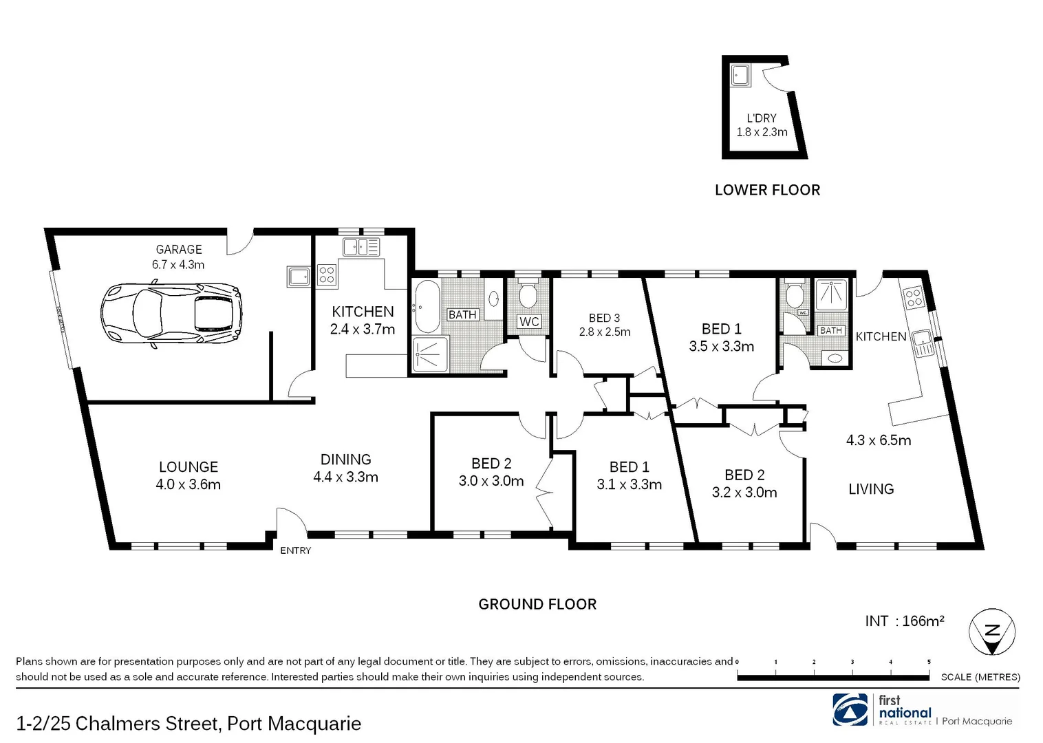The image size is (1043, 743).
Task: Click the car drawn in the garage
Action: click(x=171, y=314)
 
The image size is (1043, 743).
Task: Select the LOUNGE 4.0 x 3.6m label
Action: click(x=188, y=475)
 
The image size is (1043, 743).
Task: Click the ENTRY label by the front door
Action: click(x=295, y=550)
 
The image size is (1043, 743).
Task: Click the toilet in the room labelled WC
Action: click(x=528, y=294)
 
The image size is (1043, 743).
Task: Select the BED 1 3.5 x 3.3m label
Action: click(x=721, y=338)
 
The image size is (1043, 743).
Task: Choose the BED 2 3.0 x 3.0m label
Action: click(x=491, y=472)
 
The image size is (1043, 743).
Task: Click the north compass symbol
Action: click(x=991, y=632)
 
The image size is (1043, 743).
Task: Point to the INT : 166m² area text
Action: click(x=904, y=621)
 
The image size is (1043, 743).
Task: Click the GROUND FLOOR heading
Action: click(x=537, y=604)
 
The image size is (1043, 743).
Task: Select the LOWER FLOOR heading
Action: click(x=767, y=190)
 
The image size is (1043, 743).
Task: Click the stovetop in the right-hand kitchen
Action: click(x=913, y=297)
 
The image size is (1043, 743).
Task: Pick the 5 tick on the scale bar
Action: click(x=929, y=662)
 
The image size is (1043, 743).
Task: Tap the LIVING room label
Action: click(x=870, y=489)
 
